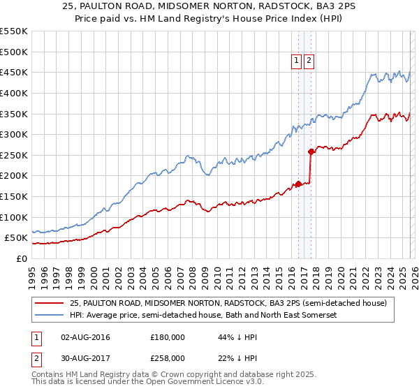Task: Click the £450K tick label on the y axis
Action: click(14, 73)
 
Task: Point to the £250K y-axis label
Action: click(14, 155)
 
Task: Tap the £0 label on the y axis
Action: click(22, 258)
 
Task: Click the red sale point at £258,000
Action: click(311, 151)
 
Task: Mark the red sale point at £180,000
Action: click(298, 184)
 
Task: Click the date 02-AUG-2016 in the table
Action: click(85, 337)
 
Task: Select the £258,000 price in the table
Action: click(168, 358)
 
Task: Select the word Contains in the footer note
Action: click(49, 375)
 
